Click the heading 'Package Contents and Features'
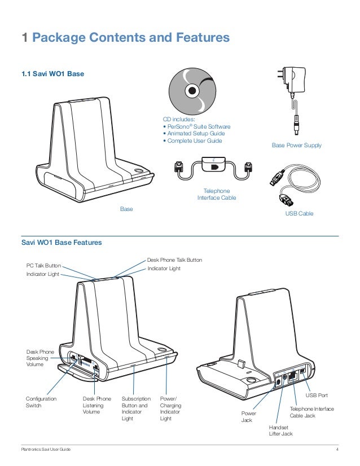[131, 38]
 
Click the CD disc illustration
[192, 90]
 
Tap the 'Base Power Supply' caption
[297, 145]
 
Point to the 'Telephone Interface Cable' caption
[217, 195]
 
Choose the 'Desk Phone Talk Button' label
[174, 260]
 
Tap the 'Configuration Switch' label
[41, 402]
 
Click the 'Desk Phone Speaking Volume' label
[40, 358]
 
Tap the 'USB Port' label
[317, 395]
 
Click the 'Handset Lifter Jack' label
[281, 430]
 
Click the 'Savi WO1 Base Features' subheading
[61, 243]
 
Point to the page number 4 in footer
[337, 449]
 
